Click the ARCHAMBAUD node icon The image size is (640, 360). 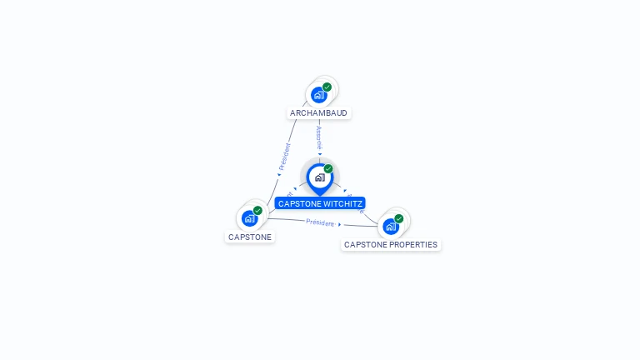(318, 95)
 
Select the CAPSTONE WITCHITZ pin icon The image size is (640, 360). (319, 177)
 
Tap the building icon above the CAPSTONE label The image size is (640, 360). (249, 218)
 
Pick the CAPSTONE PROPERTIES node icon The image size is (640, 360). (390, 226)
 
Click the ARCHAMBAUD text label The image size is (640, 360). (318, 112)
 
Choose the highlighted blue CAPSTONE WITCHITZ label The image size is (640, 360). (320, 203)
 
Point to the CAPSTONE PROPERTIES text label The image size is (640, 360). (390, 245)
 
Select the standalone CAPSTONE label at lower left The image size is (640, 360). (250, 237)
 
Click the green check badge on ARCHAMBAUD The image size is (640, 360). (327, 87)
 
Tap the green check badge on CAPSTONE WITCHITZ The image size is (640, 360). (328, 168)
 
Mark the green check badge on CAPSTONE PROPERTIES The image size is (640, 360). (399, 218)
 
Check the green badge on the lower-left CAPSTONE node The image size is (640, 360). (258, 210)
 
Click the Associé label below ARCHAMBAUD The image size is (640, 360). (319, 137)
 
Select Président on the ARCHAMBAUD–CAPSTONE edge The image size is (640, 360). (285, 157)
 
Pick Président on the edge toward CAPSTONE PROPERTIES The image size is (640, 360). (319, 222)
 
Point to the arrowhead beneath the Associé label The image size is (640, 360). (319, 153)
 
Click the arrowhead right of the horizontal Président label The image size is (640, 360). (340, 224)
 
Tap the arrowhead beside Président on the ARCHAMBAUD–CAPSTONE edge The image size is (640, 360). (278, 174)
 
